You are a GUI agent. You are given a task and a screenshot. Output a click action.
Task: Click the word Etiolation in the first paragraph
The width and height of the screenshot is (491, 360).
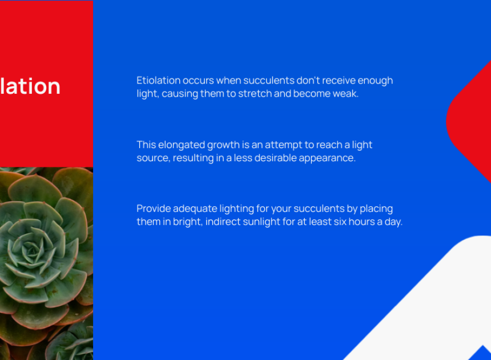tap(159, 81)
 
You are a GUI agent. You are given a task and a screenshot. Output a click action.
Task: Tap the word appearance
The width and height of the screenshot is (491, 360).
tap(327, 158)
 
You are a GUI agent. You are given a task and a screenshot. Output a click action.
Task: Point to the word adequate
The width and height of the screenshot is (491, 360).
tap(195, 209)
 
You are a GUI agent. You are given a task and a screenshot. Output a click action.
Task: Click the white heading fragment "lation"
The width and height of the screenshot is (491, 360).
tap(30, 86)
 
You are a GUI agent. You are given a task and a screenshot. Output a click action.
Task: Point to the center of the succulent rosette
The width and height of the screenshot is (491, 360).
tap(31, 250)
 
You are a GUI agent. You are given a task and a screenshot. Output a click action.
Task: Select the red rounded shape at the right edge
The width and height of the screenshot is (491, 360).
tap(469, 122)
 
